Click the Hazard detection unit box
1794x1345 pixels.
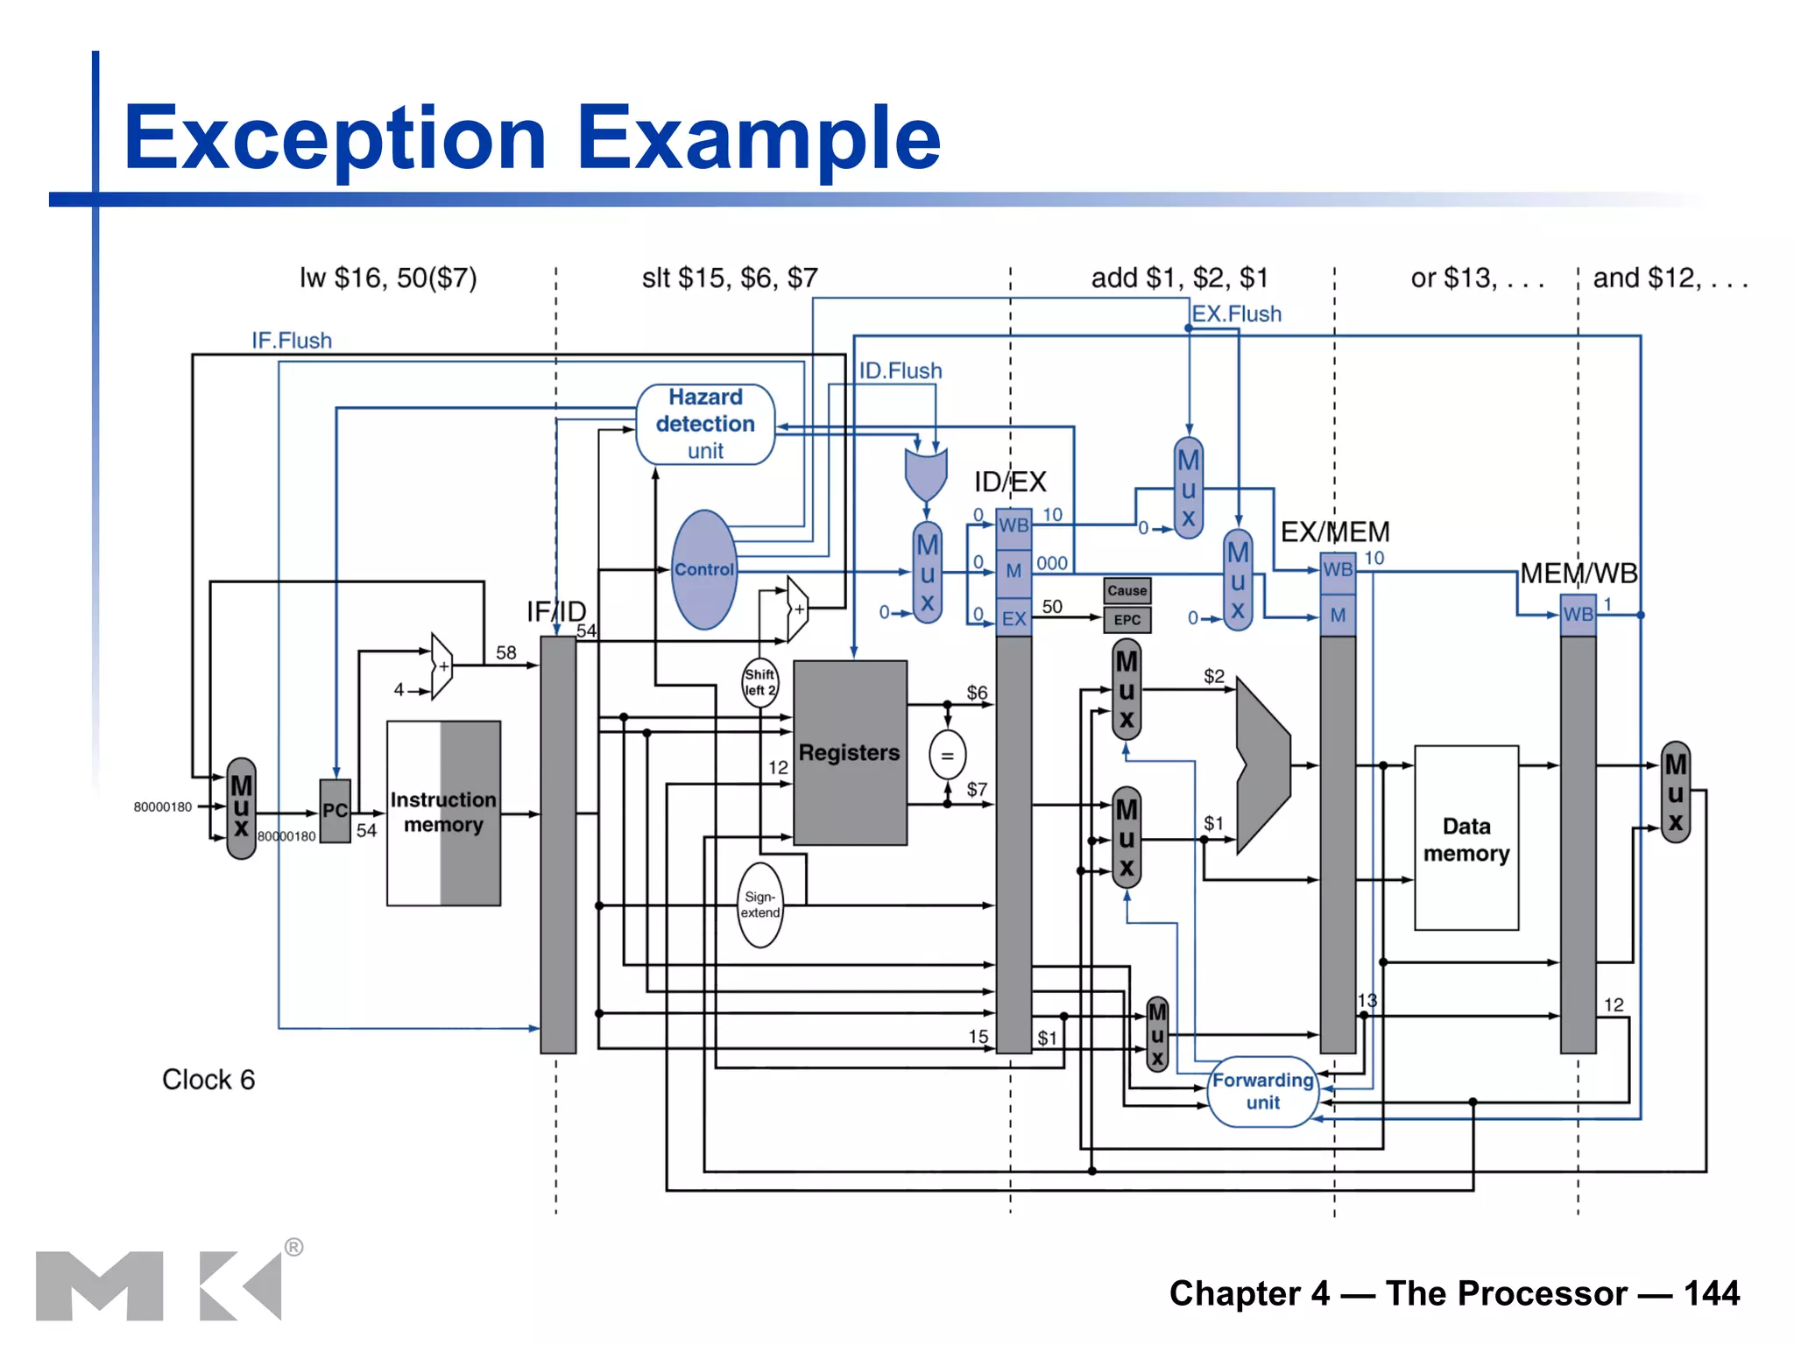pyautogui.click(x=705, y=424)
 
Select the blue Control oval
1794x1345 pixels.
pyautogui.click(x=704, y=570)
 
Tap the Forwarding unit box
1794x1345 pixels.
pyautogui.click(x=1262, y=1091)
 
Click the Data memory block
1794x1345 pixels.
pyautogui.click(x=1466, y=838)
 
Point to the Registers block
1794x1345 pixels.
pyautogui.click(x=849, y=752)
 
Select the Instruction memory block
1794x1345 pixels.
pyautogui.click(x=443, y=813)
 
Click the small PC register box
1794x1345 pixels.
pyautogui.click(x=335, y=811)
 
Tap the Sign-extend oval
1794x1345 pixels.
pyautogui.click(x=759, y=905)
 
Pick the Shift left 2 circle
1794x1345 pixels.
pyautogui.click(x=759, y=682)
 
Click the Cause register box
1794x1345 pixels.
pyautogui.click(x=1127, y=590)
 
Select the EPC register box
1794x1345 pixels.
pyautogui.click(x=1127, y=620)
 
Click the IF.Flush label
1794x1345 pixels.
pyautogui.click(x=292, y=341)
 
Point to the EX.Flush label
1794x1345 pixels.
pyautogui.click(x=1236, y=313)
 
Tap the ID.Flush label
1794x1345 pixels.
pyautogui.click(x=900, y=370)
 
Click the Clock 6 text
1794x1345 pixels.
pyautogui.click(x=208, y=1080)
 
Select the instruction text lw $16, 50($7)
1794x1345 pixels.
pyautogui.click(x=388, y=278)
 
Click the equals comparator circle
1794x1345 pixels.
pyautogui.click(x=947, y=755)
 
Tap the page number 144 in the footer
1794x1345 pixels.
pyautogui.click(x=1711, y=1293)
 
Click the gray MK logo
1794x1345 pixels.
pyautogui.click(x=158, y=1285)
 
